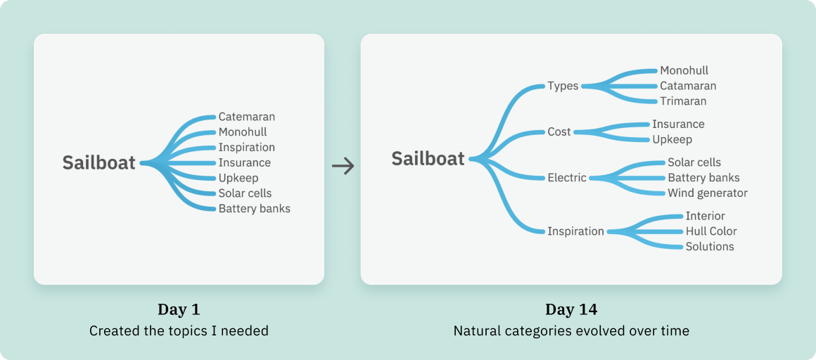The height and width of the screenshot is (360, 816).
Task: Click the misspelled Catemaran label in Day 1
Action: coord(246,117)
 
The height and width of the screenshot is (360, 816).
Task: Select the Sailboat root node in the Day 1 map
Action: coord(98,162)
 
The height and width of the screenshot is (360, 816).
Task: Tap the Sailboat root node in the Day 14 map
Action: coord(428,159)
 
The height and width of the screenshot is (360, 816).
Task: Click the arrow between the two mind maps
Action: coord(343,166)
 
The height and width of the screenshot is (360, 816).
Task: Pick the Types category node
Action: coord(563,86)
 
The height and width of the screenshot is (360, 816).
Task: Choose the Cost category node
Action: coord(559,131)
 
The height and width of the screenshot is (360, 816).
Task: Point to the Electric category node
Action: coord(567,178)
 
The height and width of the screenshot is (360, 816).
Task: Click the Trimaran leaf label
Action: coord(683,101)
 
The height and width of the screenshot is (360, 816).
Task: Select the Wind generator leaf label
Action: coord(708,193)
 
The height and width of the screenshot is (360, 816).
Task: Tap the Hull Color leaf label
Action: coord(711,231)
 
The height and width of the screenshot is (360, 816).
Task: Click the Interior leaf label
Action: coord(705,216)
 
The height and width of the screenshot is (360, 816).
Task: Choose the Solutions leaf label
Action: coord(710,247)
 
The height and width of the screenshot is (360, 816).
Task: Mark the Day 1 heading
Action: coord(179,309)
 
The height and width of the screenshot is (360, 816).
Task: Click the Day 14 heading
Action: coord(570,309)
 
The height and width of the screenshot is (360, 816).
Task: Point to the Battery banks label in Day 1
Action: coord(254,209)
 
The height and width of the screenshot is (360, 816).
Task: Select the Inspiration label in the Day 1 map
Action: coord(246,148)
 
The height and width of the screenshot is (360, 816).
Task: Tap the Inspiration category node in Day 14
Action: coord(575,231)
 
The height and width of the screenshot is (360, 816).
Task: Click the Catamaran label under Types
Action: coord(688,86)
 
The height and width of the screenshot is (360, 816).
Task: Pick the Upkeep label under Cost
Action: coord(672,139)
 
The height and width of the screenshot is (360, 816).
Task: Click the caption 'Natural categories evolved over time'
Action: coord(571,330)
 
